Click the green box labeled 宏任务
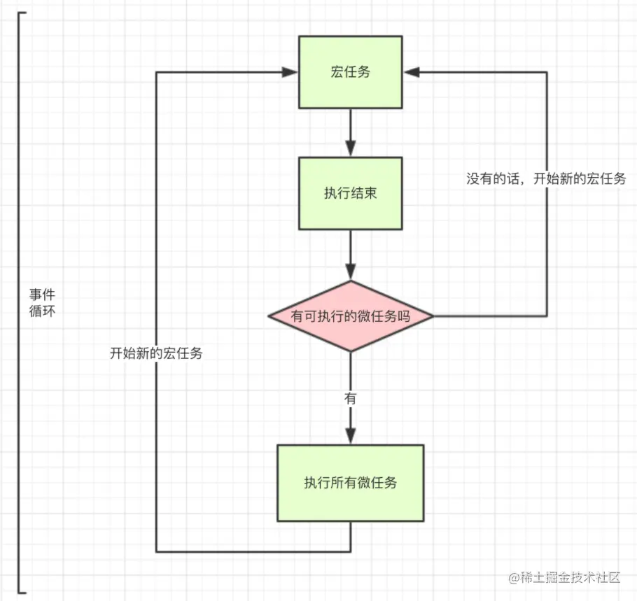coord(351,73)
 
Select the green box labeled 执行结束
coord(351,193)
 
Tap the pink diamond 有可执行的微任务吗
coord(351,316)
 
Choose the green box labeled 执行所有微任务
coord(351,483)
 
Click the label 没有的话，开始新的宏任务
coord(546,178)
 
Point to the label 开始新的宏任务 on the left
coord(156,353)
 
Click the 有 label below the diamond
coord(351,399)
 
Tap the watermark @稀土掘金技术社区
coord(565,577)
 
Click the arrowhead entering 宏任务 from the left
coord(291,72)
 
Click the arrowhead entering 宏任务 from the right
coord(411,72)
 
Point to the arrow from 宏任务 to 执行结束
coord(351,133)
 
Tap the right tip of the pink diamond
coord(433,316)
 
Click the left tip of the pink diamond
coord(269,316)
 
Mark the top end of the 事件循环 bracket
coord(24,12)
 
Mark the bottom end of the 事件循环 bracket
coord(24,592)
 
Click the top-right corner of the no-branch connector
coord(547,72)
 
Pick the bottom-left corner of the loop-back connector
coord(156,551)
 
